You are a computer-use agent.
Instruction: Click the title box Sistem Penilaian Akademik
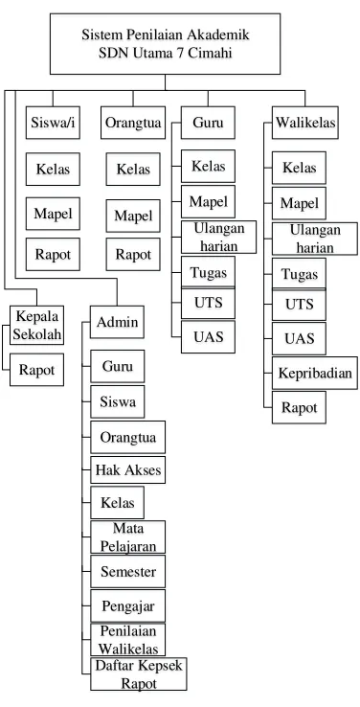tap(165, 44)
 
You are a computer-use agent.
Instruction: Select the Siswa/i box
tap(53, 123)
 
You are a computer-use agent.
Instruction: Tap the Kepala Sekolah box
tap(37, 325)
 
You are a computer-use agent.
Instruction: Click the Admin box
tap(117, 322)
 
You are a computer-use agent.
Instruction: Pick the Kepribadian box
tap(314, 373)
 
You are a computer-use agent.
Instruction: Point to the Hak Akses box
tap(128, 469)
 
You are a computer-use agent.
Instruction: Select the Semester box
tap(128, 571)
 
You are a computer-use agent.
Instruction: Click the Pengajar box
tap(128, 605)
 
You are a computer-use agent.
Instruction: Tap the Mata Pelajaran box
tap(128, 537)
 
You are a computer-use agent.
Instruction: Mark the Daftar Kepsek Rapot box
tap(139, 674)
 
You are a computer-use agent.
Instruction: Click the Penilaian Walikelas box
tap(128, 640)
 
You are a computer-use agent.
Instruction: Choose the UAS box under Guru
tap(208, 337)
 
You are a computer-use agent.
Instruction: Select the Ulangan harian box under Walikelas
tap(314, 239)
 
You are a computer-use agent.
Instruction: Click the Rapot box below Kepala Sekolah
tap(37, 370)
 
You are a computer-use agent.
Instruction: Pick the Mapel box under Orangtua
tap(133, 216)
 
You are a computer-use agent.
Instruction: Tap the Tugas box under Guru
tap(208, 272)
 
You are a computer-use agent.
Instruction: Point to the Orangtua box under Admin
tap(128, 437)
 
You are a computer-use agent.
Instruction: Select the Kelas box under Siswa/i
tap(53, 169)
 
